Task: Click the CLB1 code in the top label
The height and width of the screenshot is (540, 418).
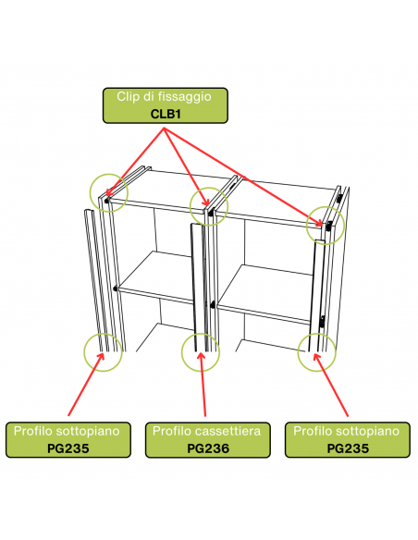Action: [166, 114]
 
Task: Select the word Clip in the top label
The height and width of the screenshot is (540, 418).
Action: [127, 96]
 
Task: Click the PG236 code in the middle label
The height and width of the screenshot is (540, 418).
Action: [208, 448]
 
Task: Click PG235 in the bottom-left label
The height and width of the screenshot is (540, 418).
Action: [68, 448]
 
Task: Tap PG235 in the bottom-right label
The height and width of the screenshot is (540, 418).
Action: [348, 448]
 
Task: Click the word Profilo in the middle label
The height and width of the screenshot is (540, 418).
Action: [172, 431]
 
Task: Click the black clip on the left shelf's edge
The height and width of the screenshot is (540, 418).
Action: [115, 288]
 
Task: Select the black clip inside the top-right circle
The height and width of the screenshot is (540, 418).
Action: [329, 226]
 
